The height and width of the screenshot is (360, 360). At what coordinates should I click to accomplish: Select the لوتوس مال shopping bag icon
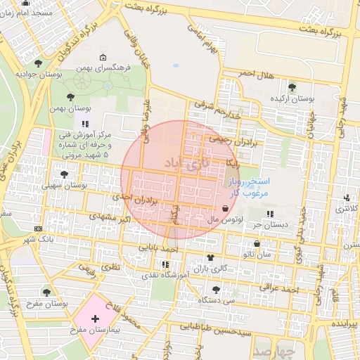point(224,208)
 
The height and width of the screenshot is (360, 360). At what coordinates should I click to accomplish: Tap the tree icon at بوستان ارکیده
point(292,86)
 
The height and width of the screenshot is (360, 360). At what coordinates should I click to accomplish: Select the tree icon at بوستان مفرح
point(46,292)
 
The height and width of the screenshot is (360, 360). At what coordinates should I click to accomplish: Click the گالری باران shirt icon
point(210,257)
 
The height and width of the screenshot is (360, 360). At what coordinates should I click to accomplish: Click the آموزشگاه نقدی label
point(165,276)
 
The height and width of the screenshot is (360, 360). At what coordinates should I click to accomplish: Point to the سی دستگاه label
point(215,300)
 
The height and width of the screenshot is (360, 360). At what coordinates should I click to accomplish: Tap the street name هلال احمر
point(255,74)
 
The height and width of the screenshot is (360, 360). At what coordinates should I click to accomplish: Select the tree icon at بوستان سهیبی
point(65,173)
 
